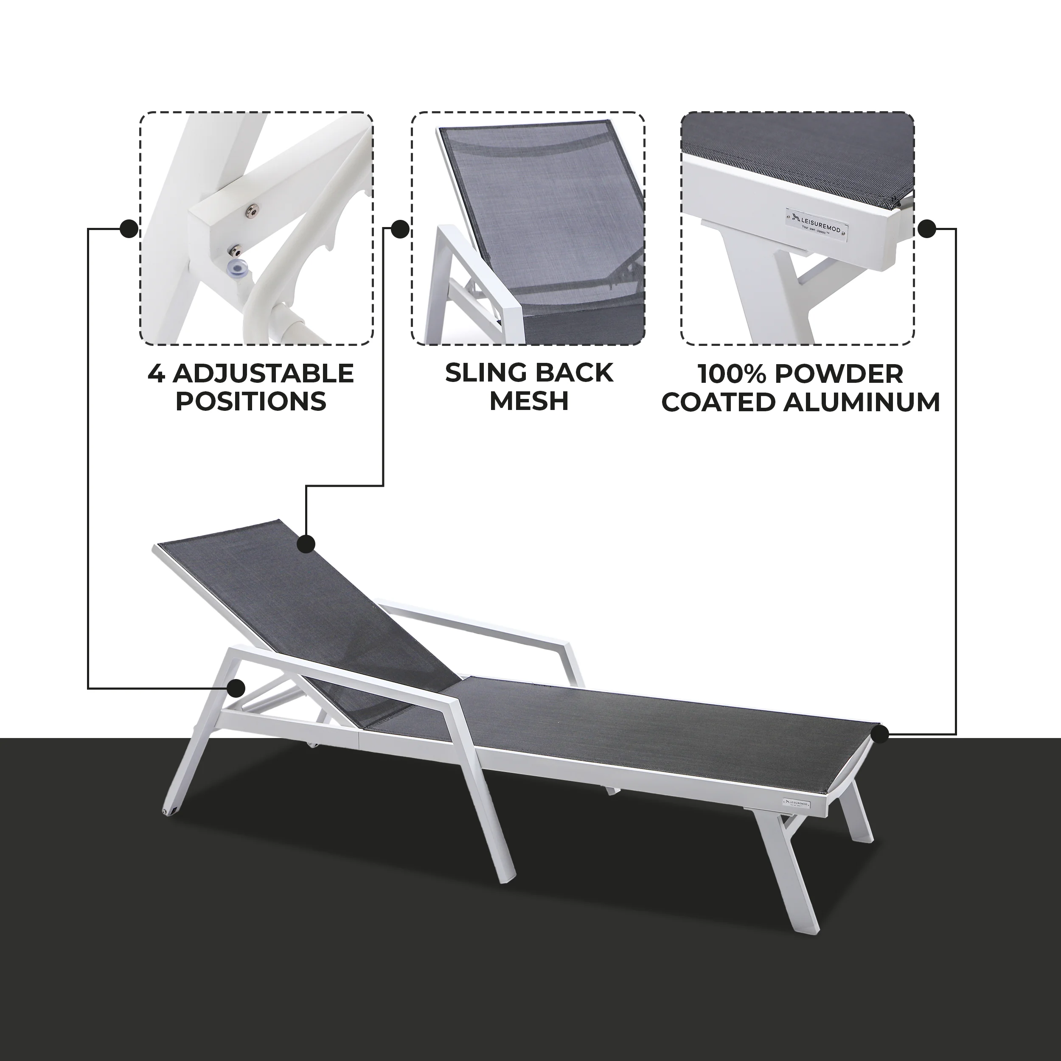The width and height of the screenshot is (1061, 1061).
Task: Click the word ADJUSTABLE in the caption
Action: (264, 374)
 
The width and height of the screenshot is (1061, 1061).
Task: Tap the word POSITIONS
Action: (251, 401)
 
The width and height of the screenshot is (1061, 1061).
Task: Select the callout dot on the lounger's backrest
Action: (306, 544)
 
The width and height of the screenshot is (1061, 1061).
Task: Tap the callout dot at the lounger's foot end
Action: (880, 734)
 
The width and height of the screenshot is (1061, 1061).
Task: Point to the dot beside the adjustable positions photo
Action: (129, 228)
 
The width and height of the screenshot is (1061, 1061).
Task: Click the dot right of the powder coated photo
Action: (927, 228)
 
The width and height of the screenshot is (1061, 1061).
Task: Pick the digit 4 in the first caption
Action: (157, 374)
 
